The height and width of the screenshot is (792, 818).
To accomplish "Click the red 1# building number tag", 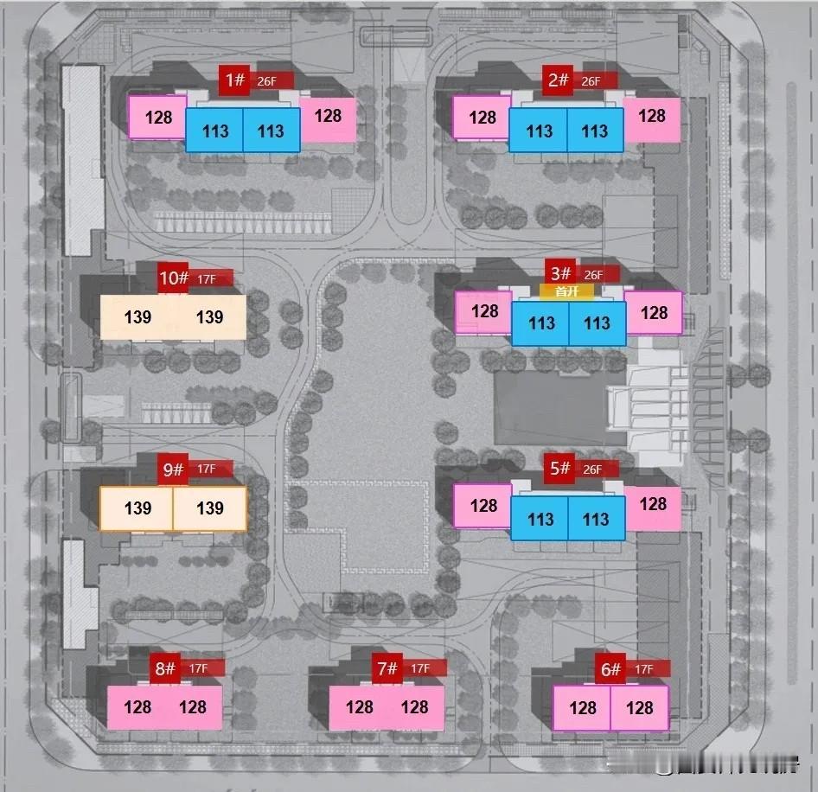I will [x=233, y=80].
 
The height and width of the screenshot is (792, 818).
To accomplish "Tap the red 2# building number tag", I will [x=558, y=80].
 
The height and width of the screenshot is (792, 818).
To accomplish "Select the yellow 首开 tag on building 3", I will [x=567, y=292].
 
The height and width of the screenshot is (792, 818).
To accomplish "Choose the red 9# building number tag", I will [x=173, y=469].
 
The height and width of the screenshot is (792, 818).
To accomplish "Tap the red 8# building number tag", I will [x=164, y=668].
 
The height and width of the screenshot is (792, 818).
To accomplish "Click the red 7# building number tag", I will [x=387, y=668].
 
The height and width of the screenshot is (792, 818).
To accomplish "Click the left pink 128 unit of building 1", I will [x=157, y=117].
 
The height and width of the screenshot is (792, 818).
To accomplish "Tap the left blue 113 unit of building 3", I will [x=540, y=323].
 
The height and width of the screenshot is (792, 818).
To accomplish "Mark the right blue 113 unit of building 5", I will [x=596, y=519].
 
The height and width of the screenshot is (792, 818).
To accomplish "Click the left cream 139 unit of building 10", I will [x=137, y=317].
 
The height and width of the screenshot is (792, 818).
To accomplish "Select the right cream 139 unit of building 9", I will [x=210, y=508].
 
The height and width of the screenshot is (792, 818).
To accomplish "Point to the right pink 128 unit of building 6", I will [x=640, y=708].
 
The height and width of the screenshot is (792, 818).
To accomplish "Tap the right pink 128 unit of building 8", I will [x=194, y=707].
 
